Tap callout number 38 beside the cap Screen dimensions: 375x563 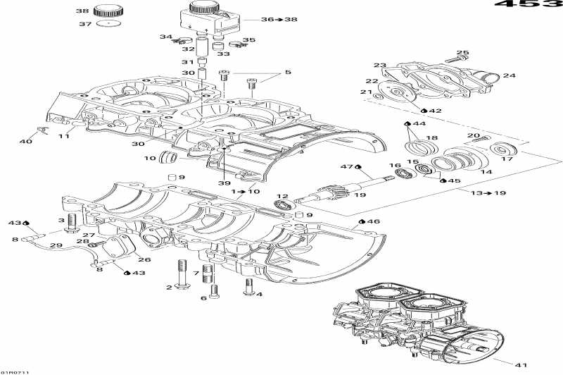82,11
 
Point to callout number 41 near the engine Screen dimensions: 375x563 520,364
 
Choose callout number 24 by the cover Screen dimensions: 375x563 509,75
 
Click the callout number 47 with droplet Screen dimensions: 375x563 345,166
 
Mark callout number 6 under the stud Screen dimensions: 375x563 204,297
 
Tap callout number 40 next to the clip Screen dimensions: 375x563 25,142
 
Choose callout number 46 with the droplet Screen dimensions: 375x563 373,221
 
